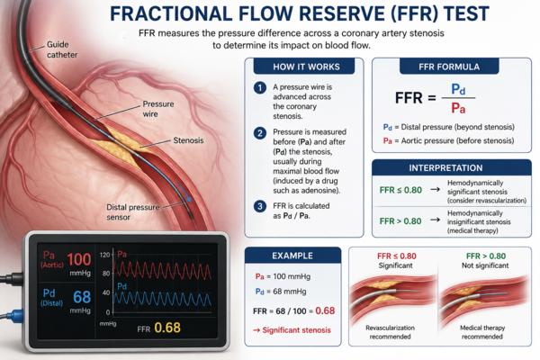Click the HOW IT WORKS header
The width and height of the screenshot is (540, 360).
click(x=306, y=67)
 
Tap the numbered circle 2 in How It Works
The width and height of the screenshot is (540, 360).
click(x=260, y=133)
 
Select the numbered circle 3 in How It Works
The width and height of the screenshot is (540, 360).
click(x=260, y=206)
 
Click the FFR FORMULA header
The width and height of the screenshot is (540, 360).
click(x=449, y=67)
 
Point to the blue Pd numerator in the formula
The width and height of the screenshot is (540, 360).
click(x=458, y=89)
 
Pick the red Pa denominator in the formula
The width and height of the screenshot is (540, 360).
click(x=458, y=109)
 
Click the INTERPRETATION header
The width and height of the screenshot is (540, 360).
click(x=445, y=167)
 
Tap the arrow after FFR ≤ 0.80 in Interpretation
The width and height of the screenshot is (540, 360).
click(x=435, y=190)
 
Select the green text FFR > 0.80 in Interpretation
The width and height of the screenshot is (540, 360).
click(x=400, y=220)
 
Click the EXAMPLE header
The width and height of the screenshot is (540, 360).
click(x=292, y=256)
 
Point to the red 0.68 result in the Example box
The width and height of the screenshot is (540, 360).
click(x=325, y=310)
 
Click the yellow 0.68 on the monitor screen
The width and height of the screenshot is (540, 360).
click(x=167, y=328)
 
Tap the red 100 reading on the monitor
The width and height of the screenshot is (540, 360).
click(x=79, y=259)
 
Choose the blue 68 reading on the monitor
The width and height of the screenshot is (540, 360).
click(x=82, y=297)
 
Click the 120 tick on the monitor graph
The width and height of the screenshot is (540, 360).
click(x=104, y=255)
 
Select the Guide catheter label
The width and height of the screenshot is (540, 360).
click(x=62, y=49)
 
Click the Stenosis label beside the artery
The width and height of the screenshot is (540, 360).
click(x=188, y=140)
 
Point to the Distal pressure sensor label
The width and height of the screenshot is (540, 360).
click(x=132, y=212)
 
